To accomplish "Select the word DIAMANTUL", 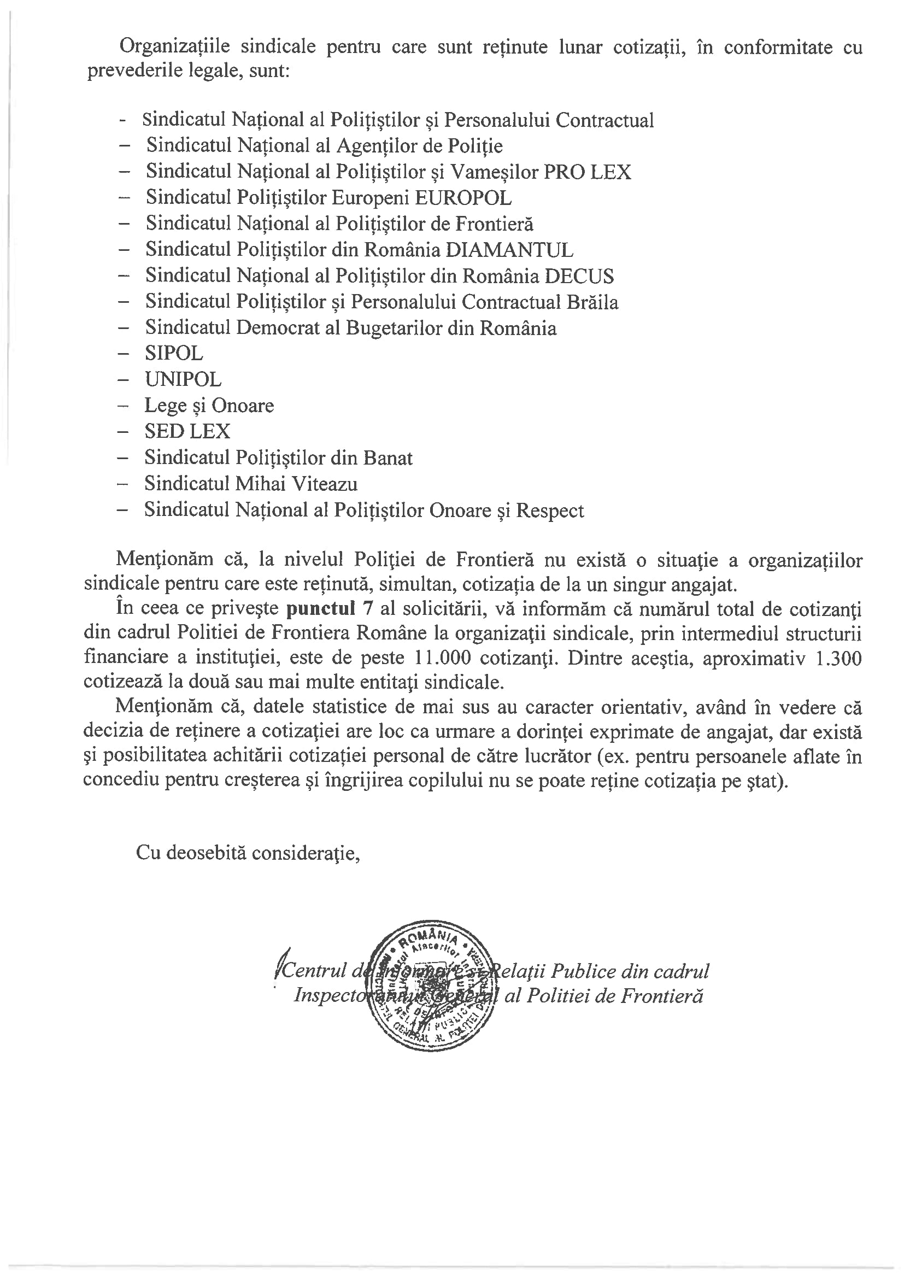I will click(x=509, y=250).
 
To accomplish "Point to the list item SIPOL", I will click(x=174, y=354).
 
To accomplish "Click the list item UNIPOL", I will click(x=183, y=380).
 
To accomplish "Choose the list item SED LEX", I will click(x=187, y=432).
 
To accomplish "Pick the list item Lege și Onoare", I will click(x=209, y=406).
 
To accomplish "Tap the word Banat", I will click(x=388, y=458).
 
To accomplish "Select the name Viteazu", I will click(x=325, y=484).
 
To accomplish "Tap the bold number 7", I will click(x=367, y=608).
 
